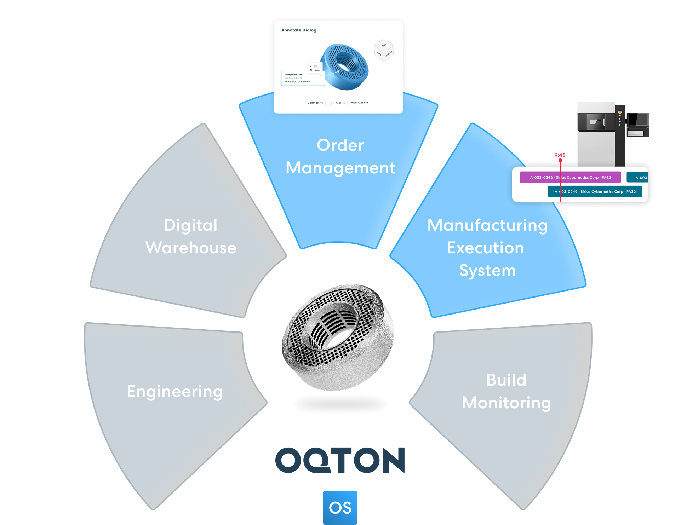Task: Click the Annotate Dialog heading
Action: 299,30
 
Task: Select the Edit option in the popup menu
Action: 315,66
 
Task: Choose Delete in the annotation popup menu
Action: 316,70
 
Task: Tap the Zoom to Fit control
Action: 315,103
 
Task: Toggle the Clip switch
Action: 332,103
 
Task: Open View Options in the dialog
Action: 360,103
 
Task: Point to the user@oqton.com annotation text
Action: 293,75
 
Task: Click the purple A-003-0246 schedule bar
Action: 570,177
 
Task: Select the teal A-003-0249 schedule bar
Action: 595,192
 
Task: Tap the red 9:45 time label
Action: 560,155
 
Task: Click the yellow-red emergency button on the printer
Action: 620,112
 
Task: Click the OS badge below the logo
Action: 340,507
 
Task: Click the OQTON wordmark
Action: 340,460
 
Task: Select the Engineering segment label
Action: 175,391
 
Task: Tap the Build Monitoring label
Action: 506,391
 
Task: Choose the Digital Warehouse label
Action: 191,236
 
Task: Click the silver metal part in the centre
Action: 338,338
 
